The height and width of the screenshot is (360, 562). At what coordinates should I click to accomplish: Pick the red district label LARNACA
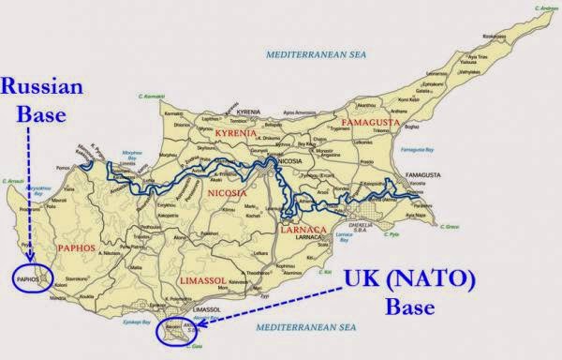[x=302, y=229]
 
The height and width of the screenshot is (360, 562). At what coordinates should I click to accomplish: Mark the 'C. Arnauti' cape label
[x=14, y=181]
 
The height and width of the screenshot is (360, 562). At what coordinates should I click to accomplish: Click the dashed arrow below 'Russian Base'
[x=31, y=197]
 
